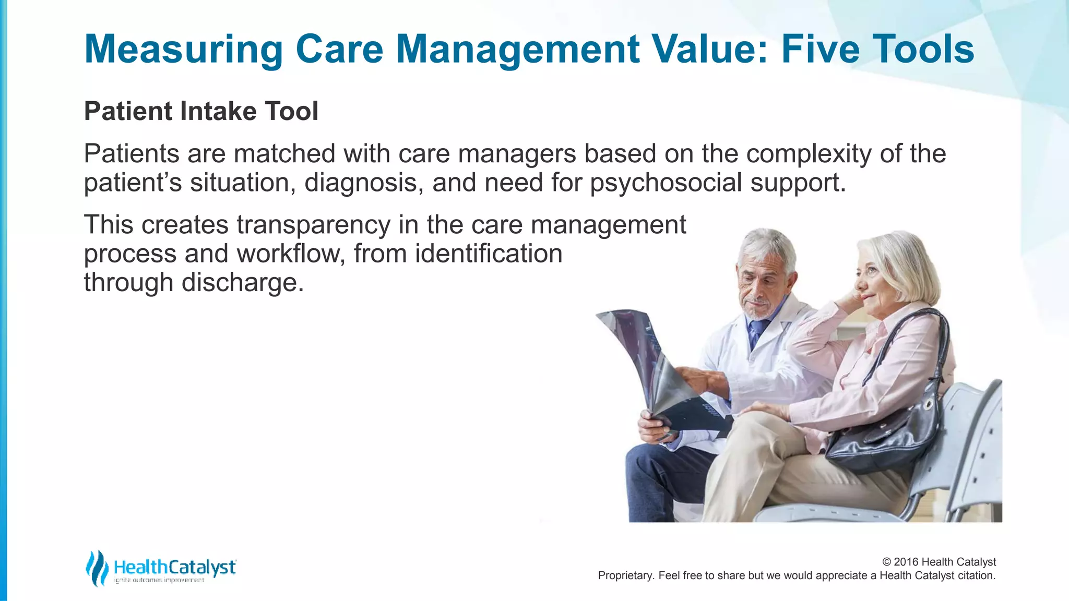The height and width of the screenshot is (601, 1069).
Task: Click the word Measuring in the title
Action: click(183, 50)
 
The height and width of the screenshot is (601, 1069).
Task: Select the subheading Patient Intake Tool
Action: click(201, 111)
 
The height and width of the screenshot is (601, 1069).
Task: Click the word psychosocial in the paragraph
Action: click(666, 183)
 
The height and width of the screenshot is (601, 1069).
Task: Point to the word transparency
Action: click(313, 225)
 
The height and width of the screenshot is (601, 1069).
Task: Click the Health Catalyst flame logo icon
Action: click(97, 568)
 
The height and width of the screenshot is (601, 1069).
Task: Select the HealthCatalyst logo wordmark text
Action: click(175, 567)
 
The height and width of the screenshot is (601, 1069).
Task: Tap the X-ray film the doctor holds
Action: click(658, 365)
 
